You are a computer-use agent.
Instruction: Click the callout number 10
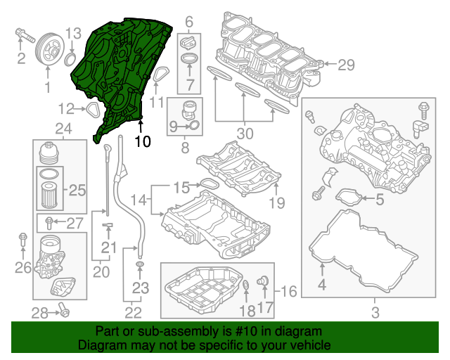click(142, 141)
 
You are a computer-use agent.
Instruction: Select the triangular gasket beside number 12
click(91, 108)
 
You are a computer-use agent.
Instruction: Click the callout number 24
click(63, 128)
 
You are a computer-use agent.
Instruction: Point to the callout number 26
click(23, 267)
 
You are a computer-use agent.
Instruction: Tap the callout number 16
click(290, 290)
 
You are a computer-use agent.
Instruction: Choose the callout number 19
click(276, 203)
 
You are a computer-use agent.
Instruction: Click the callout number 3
click(375, 311)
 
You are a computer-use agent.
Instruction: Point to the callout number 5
click(379, 199)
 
